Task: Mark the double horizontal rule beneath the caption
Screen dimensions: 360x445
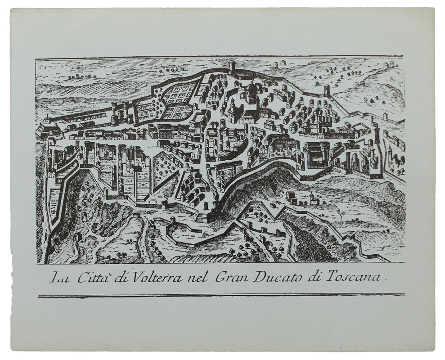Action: pos(220,296)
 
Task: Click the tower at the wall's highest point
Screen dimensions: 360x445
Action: pos(232,67)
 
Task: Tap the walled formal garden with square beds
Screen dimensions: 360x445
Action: pos(180,100)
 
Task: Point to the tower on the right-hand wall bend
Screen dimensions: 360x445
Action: pos(327,90)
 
